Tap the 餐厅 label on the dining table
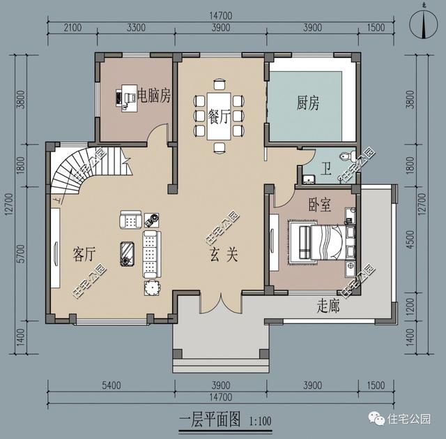coord(219,117)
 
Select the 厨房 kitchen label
coord(308,104)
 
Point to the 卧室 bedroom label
coord(319,206)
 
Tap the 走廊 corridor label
coord(328,305)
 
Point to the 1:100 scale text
coord(259,421)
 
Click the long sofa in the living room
coord(151,254)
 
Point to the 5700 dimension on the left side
coord(20,252)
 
